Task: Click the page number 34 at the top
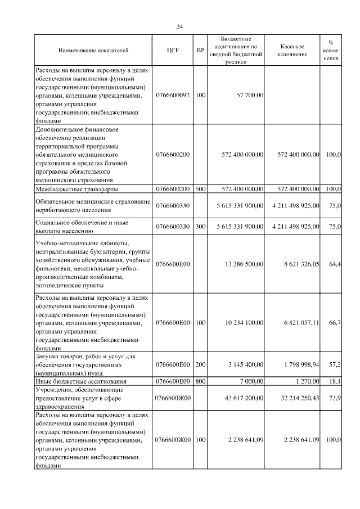click(x=180, y=26)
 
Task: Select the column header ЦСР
click(x=173, y=51)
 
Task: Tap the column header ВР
click(x=200, y=51)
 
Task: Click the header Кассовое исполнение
click(x=292, y=51)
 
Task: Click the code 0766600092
click(x=173, y=96)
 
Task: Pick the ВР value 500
click(x=200, y=189)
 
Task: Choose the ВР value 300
click(x=200, y=226)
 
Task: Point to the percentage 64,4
click(x=335, y=263)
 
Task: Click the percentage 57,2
click(x=335, y=364)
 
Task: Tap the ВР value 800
click(x=200, y=381)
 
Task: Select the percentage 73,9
click(x=335, y=398)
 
